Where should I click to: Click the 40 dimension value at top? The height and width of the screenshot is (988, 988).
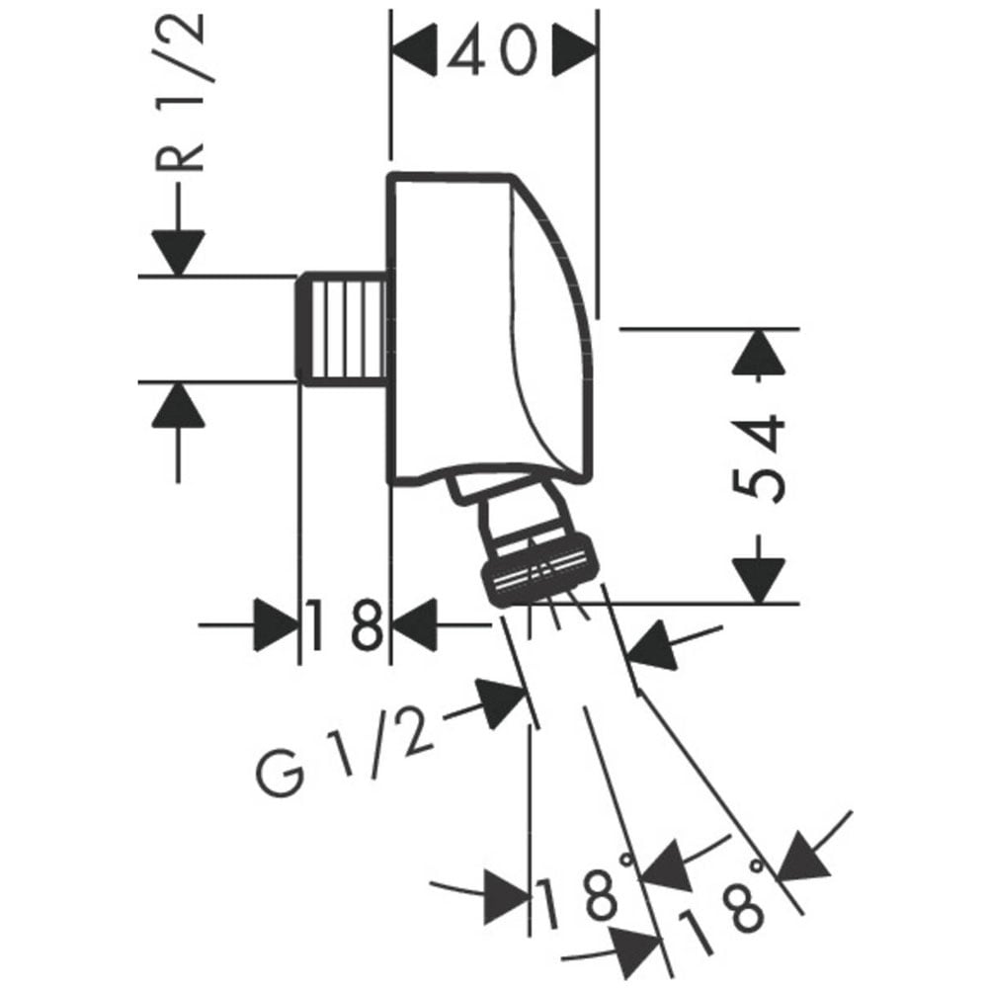click(493, 50)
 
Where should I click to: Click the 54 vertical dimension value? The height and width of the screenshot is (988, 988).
click(760, 458)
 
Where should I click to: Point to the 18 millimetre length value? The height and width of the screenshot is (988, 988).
click(345, 625)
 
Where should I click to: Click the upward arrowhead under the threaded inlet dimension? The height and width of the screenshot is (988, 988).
click(178, 405)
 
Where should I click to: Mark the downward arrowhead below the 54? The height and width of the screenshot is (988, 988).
click(760, 581)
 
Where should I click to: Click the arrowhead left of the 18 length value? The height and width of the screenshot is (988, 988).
click(276, 625)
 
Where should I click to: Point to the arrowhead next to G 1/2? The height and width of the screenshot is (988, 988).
click(501, 703)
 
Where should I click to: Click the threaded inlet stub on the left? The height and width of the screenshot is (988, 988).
click(342, 329)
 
